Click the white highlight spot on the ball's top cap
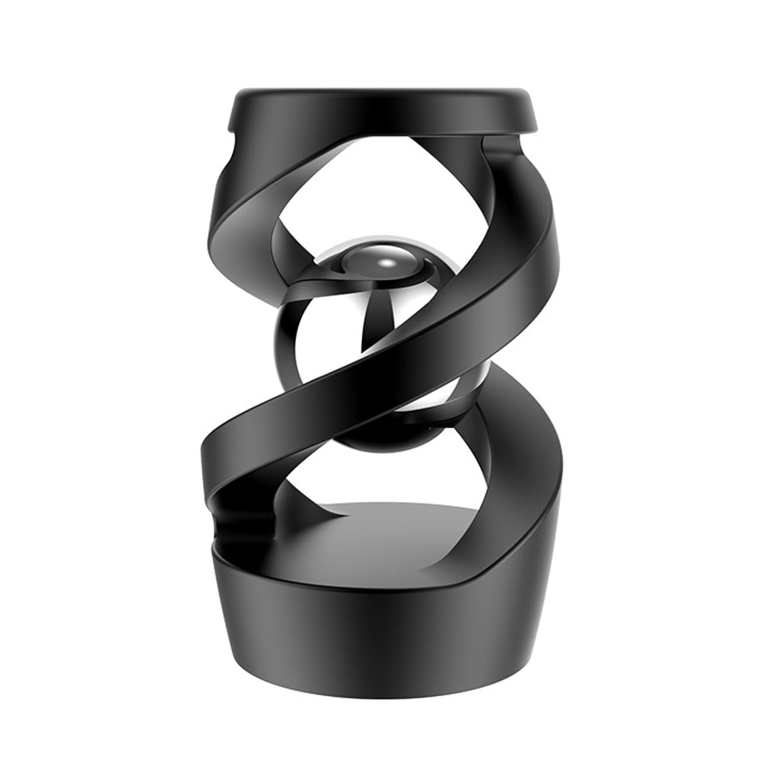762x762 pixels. click(x=387, y=262)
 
